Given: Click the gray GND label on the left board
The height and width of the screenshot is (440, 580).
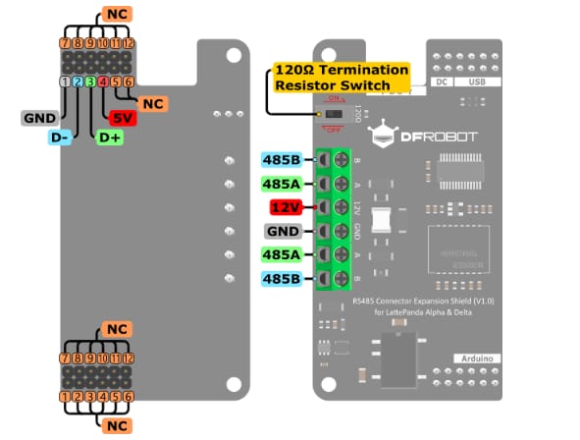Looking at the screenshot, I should (39, 118).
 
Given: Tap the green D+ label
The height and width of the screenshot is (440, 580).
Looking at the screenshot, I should (109, 137).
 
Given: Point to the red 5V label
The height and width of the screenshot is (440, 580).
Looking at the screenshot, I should (123, 118).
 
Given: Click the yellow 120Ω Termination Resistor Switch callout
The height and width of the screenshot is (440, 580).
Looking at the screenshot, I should (340, 78).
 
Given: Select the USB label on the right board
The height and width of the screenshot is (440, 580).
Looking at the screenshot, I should (479, 84).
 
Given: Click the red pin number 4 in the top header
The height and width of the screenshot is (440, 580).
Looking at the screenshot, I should (103, 82).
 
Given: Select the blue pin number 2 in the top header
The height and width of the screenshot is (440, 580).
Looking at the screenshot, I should (78, 82).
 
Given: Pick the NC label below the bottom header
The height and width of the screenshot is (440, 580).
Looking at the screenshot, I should (116, 425).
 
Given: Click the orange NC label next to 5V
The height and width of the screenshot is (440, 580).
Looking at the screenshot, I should (152, 103).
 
